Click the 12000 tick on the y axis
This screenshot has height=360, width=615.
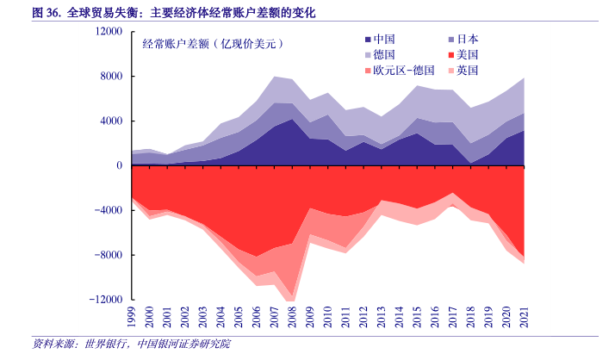coord(109,31)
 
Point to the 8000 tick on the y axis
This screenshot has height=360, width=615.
coord(113,76)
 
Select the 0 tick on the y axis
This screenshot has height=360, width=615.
coord(120,165)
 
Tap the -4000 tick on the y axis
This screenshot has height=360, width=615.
coord(110,210)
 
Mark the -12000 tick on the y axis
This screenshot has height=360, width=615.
coord(108,300)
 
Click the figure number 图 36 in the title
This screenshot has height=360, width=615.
coord(45,14)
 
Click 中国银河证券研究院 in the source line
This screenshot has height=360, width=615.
coord(189,344)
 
